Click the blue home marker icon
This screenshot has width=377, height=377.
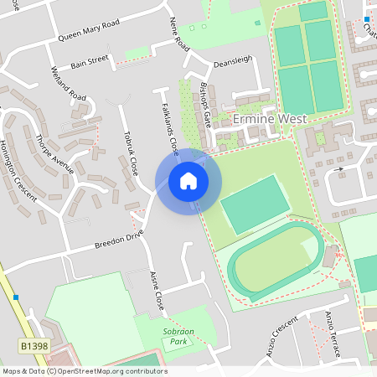tap(188, 180)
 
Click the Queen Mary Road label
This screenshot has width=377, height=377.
tap(89, 31)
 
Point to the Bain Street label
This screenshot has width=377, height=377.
tap(90, 61)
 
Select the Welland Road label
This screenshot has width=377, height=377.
tap(69, 85)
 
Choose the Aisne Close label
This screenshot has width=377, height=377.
tap(155, 290)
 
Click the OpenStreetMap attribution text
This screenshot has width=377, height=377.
tap(84, 371)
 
